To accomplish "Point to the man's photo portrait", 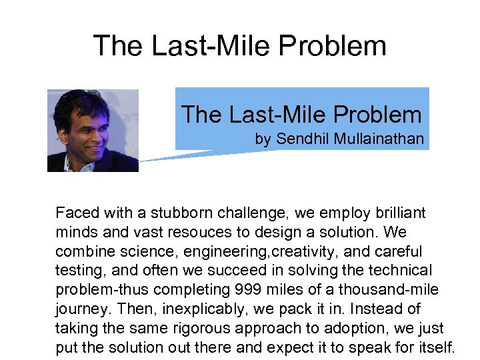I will (93, 131).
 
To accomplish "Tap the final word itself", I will (434, 347).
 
